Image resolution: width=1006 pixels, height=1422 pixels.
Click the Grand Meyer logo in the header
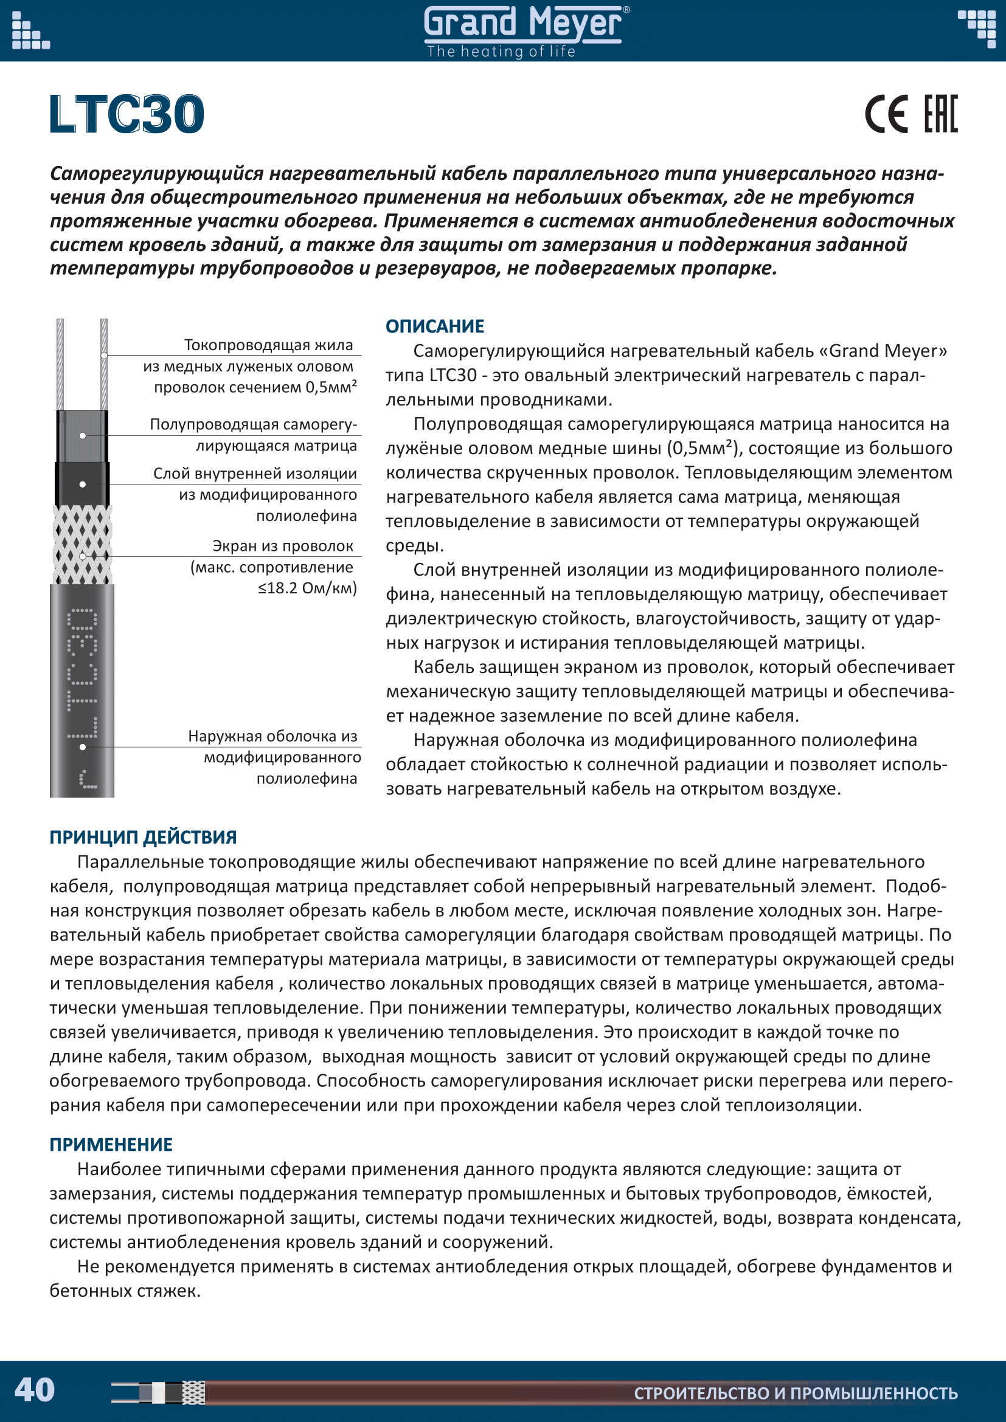(x=524, y=24)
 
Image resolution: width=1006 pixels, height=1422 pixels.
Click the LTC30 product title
(x=127, y=114)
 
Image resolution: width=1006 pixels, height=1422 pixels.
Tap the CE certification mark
(x=886, y=114)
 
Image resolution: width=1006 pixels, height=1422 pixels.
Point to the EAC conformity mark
(x=940, y=114)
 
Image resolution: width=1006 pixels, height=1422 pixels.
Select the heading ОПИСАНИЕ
(x=435, y=326)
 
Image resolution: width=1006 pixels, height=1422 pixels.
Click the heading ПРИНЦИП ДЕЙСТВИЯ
(x=143, y=837)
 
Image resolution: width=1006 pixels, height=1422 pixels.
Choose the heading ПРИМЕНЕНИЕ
(x=111, y=1145)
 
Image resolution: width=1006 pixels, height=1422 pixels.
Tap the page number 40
(x=35, y=1390)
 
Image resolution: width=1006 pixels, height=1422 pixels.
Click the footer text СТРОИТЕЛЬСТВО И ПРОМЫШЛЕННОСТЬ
(x=796, y=1393)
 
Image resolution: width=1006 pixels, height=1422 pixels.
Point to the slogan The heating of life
(x=501, y=52)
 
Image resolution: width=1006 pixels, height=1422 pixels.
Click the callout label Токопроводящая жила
(x=268, y=345)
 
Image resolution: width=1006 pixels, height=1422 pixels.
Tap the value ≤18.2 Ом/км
(x=307, y=588)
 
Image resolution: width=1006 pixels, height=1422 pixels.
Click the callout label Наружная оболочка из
(x=272, y=736)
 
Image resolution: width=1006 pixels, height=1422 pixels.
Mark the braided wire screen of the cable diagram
(x=82, y=545)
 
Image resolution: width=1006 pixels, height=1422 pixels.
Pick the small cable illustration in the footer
(x=159, y=1392)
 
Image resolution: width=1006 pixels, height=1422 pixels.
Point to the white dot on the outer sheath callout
(x=82, y=747)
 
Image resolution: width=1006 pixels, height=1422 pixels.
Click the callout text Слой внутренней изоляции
(x=255, y=474)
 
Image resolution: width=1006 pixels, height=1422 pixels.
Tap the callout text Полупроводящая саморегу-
(x=254, y=424)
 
